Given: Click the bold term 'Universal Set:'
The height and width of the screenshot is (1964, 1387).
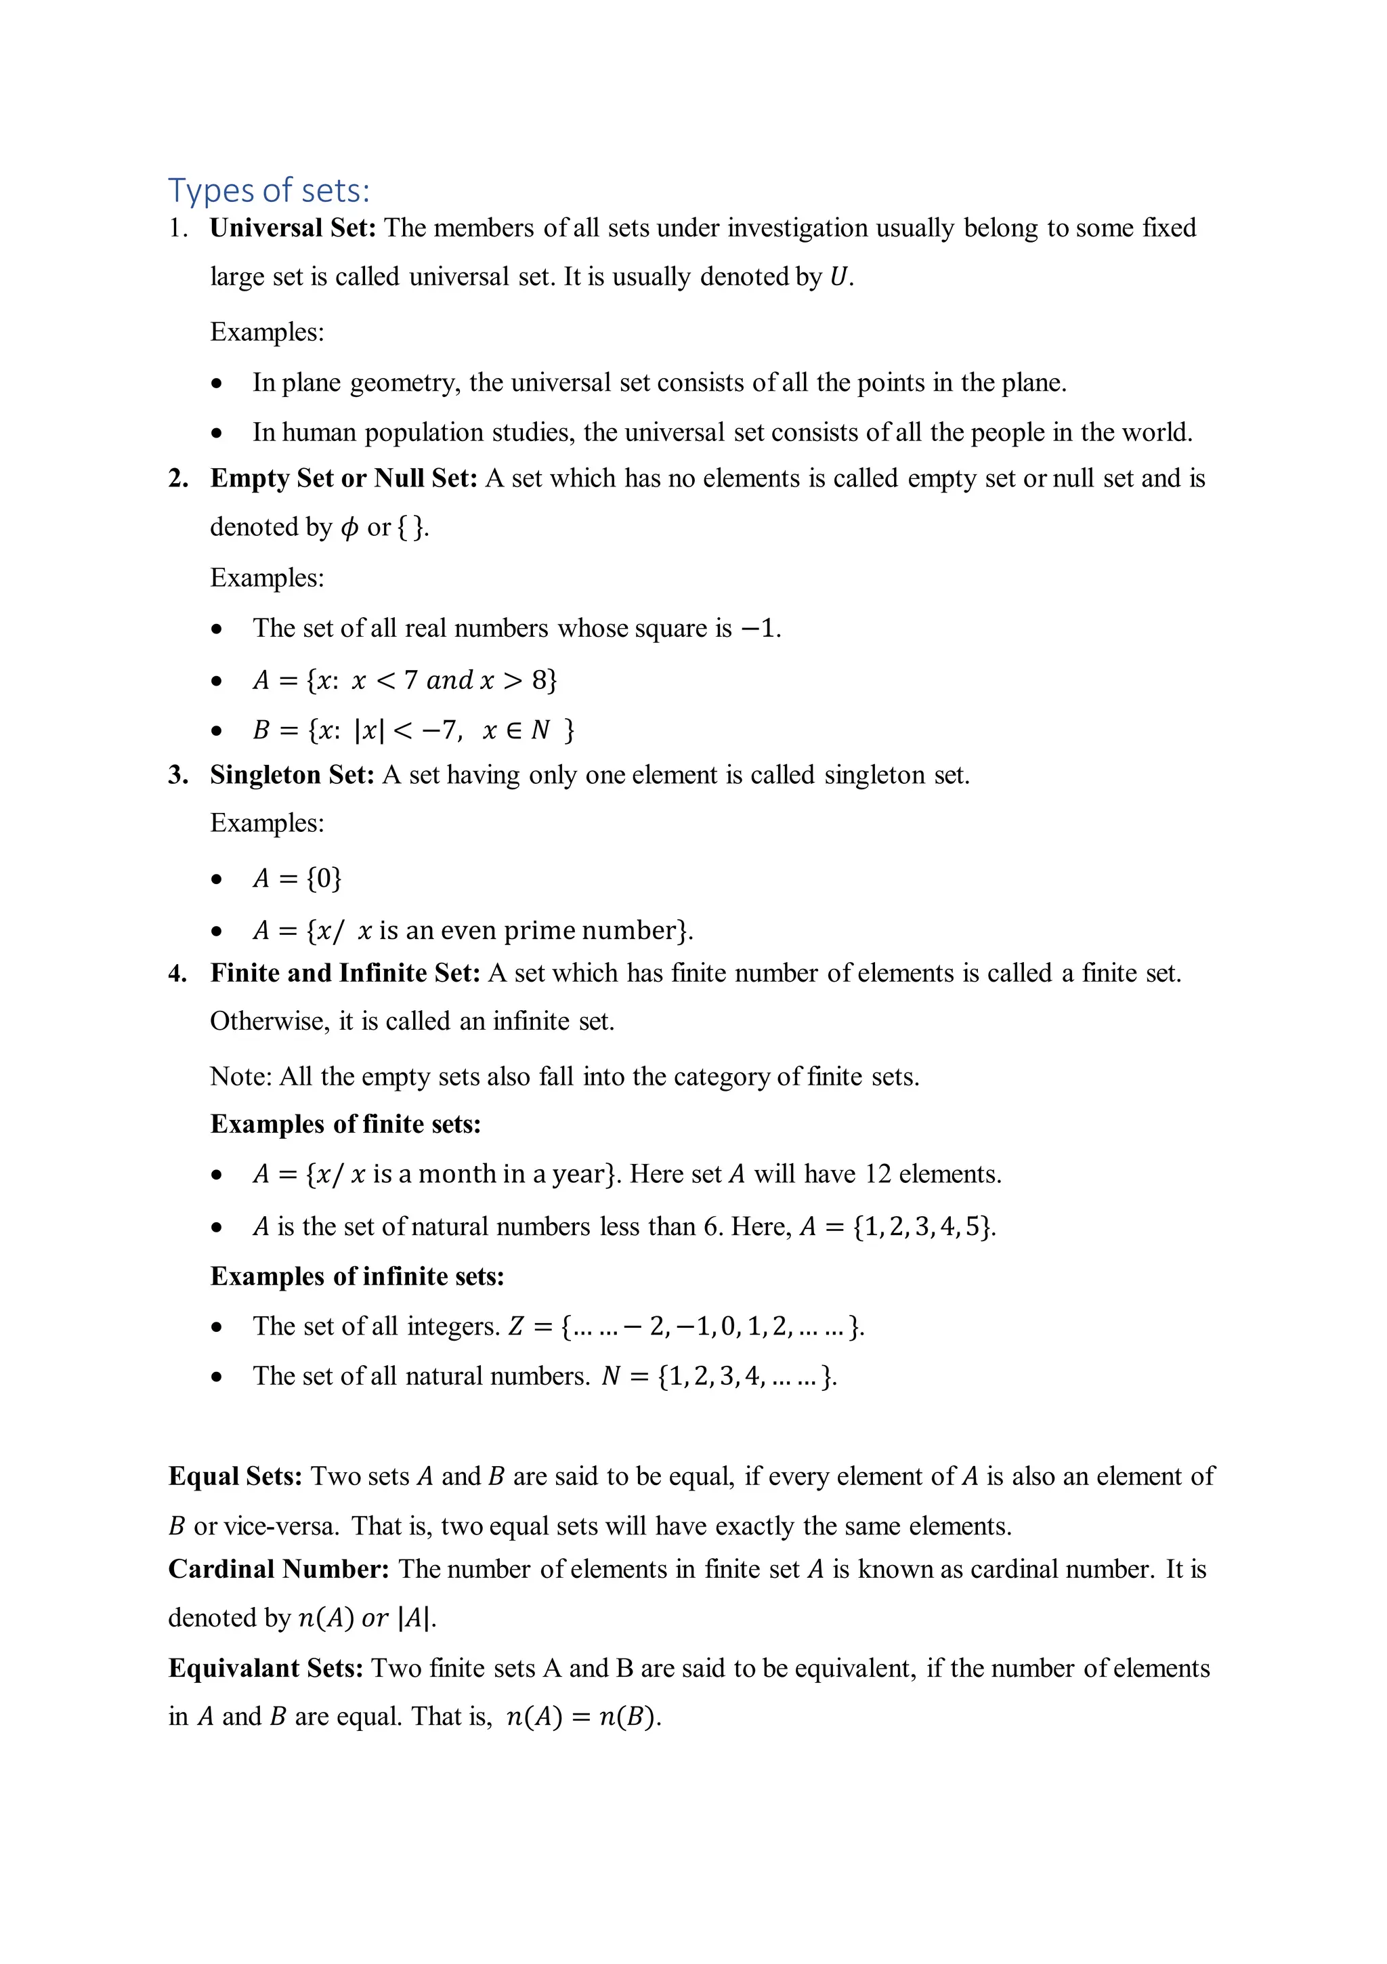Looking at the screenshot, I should (x=293, y=228).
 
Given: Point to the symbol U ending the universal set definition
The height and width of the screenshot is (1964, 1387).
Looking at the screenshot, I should (x=839, y=277).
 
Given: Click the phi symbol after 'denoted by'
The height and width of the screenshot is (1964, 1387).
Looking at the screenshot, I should (x=349, y=528).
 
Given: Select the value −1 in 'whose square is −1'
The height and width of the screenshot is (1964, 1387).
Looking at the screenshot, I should (x=759, y=629).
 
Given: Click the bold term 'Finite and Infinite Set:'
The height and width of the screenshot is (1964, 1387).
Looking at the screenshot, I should (x=345, y=974).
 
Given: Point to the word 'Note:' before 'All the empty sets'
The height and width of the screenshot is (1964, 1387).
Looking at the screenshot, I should (x=240, y=1077).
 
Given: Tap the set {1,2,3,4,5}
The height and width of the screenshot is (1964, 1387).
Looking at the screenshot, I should (x=924, y=1228).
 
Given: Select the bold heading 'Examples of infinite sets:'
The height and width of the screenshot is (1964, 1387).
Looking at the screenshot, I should (x=358, y=1277).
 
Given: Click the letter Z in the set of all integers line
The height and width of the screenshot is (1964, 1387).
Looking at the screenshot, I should (x=515, y=1326).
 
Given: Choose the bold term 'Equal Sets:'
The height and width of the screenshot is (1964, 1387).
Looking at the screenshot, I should (x=235, y=1476).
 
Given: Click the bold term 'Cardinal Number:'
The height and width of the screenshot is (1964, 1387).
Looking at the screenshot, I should (x=279, y=1570).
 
